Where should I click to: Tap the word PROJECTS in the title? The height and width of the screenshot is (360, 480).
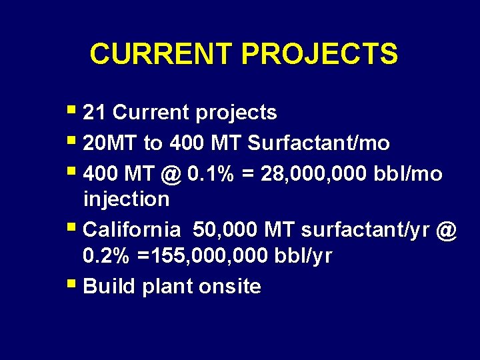(320, 54)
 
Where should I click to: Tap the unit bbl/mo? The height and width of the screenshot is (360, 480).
(412, 174)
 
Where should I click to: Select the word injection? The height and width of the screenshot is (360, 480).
(127, 199)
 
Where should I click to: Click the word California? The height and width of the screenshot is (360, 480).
(132, 231)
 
